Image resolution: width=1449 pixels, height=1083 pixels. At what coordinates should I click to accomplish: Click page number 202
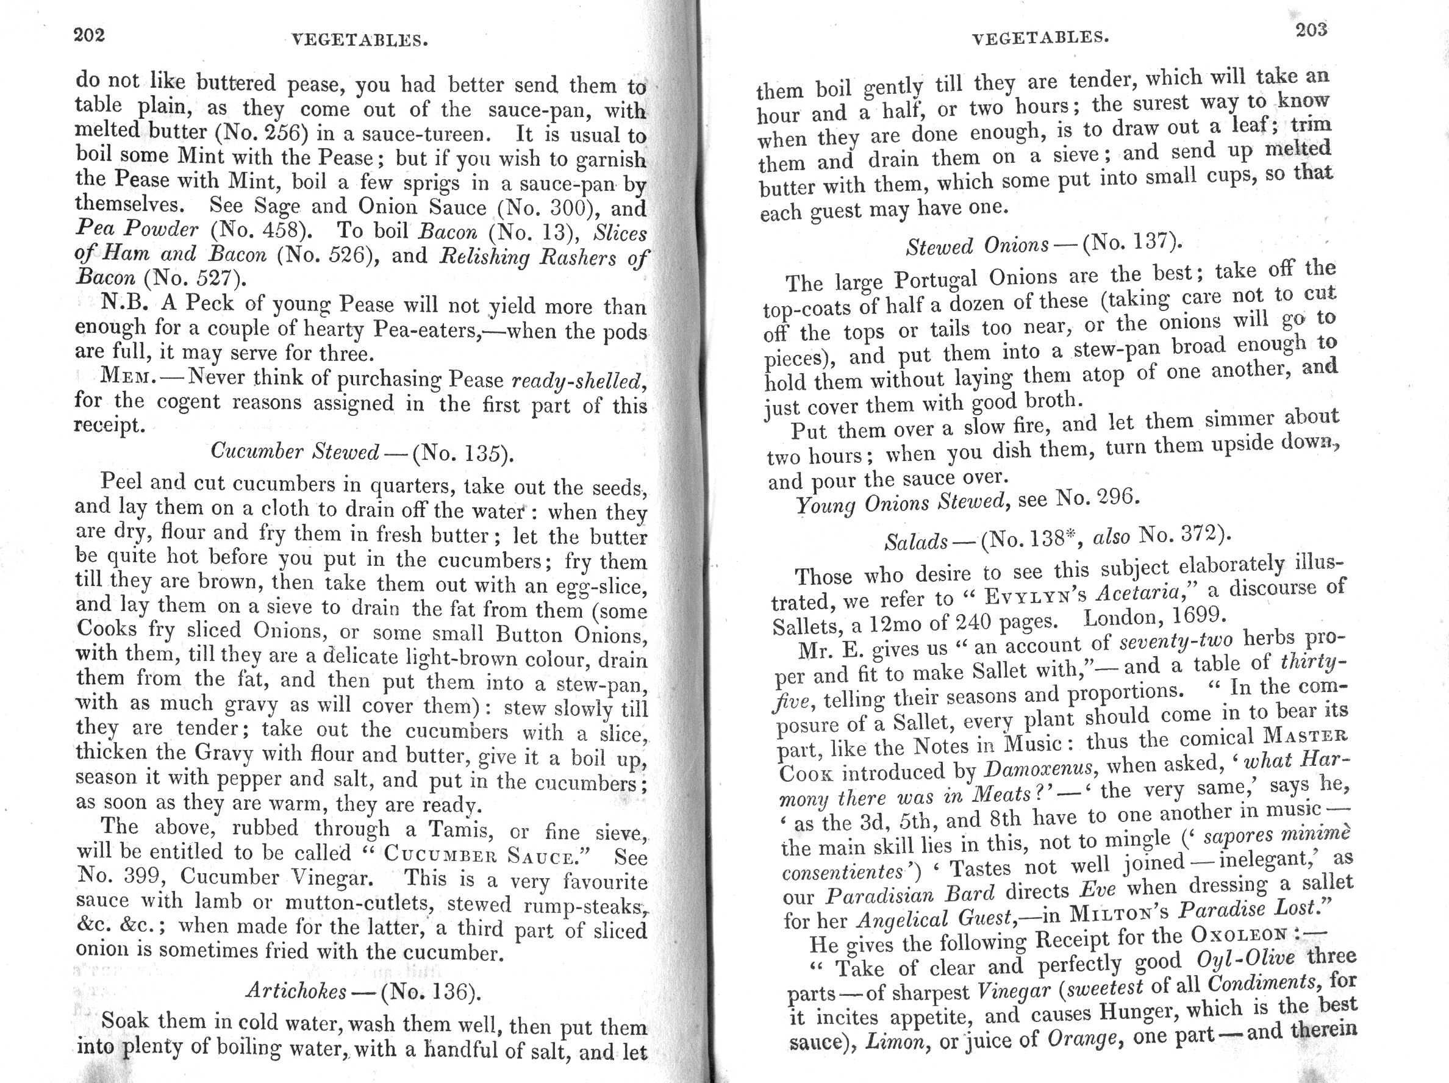(89, 34)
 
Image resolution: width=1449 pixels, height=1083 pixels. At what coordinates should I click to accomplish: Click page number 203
(1311, 29)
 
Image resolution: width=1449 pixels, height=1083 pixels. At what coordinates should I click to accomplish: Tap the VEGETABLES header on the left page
(360, 41)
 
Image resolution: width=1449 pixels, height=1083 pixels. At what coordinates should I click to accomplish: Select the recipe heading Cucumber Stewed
(294, 451)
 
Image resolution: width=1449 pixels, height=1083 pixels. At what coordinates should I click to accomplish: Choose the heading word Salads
(916, 542)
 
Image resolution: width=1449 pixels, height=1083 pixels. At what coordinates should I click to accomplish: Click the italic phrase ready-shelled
(576, 381)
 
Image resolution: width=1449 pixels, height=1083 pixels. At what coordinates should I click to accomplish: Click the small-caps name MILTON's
(1120, 912)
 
